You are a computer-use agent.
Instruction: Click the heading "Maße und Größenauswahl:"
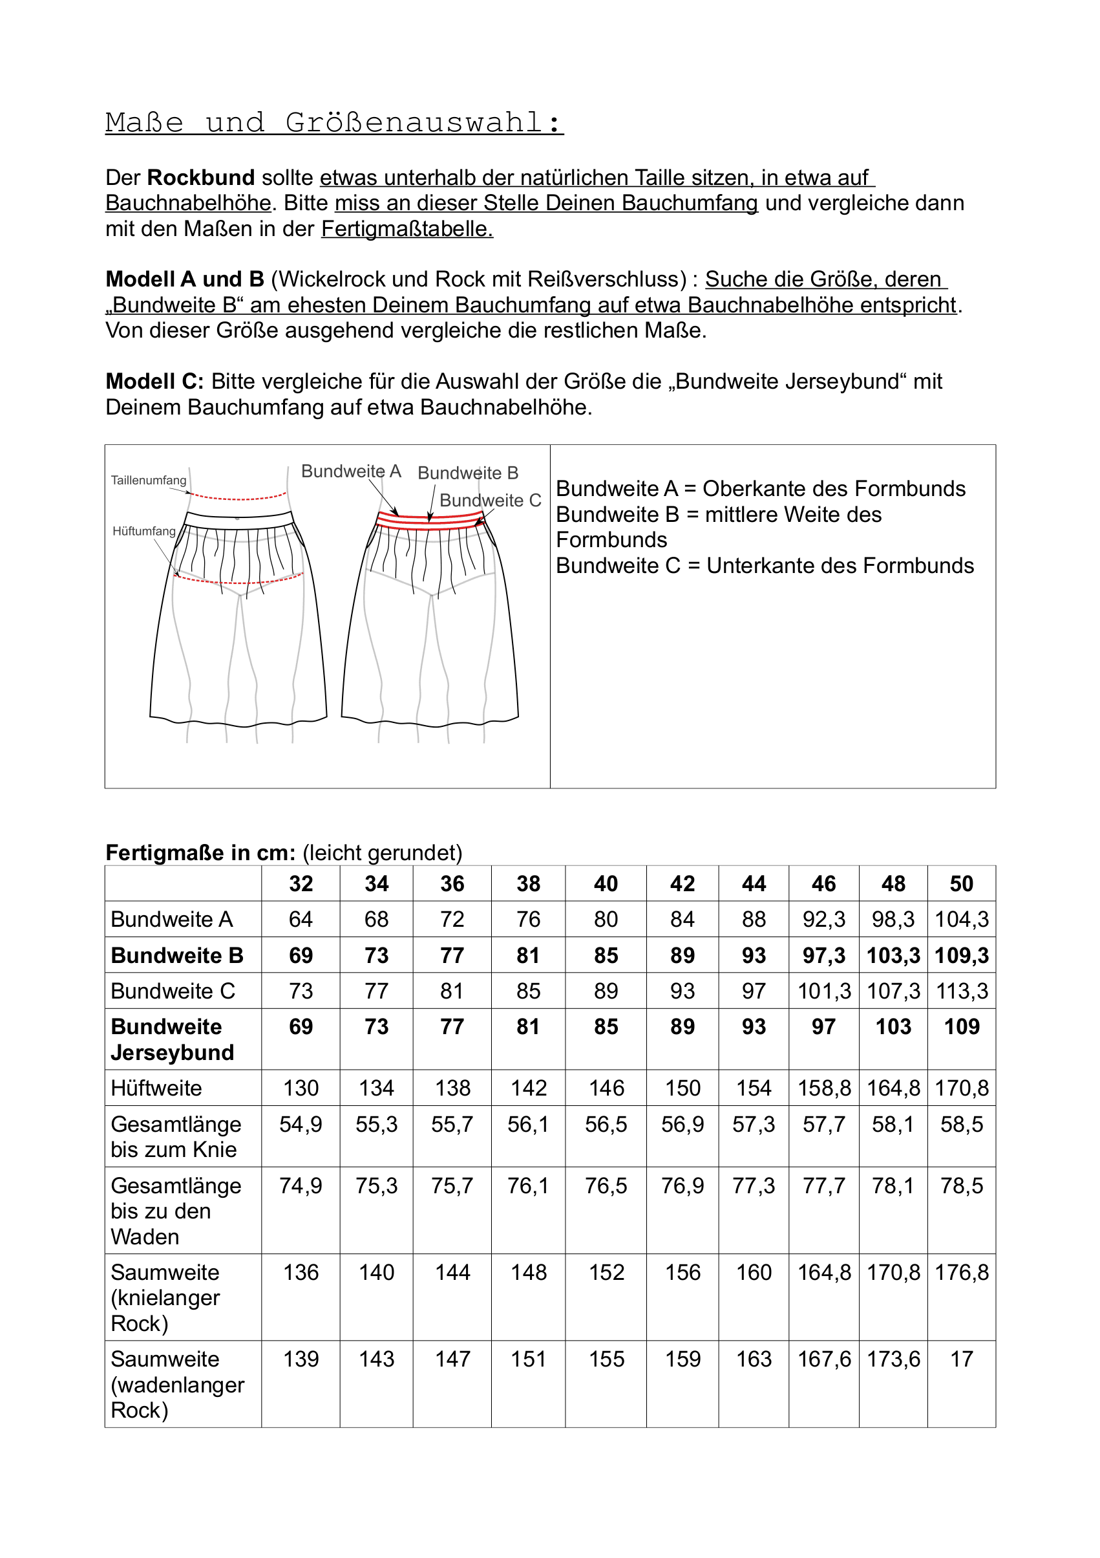coord(334,123)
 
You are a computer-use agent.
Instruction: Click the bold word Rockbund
coord(200,178)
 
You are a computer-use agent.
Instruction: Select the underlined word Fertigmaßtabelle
coord(407,230)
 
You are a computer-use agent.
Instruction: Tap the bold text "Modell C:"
coord(154,382)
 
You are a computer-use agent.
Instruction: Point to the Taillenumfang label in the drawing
coord(149,481)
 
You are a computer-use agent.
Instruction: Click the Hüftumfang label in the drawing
coord(143,532)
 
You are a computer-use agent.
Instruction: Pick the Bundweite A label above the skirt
coord(350,471)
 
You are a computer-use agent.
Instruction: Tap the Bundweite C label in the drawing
coord(491,501)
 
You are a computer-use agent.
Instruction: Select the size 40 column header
coord(606,883)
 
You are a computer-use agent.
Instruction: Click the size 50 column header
coord(961,883)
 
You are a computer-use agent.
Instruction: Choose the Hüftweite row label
coord(156,1088)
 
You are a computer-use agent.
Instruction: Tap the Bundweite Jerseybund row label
coord(173,1039)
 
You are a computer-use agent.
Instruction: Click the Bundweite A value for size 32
coord(301,920)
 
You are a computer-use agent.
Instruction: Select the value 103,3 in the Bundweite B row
coord(893,955)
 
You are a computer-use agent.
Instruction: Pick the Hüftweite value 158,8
coord(824,1088)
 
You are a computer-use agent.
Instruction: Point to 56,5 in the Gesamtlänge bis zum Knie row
coord(606,1125)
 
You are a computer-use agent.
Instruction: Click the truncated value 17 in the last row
coord(961,1359)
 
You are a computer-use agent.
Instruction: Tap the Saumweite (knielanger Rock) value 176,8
coord(961,1272)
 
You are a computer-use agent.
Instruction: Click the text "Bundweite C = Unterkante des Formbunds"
coord(765,566)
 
